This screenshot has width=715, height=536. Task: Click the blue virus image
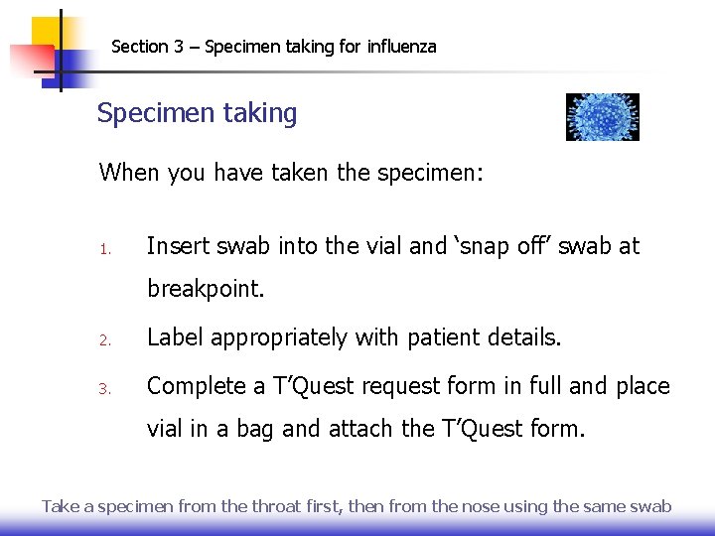602,117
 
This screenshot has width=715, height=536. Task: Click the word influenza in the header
402,47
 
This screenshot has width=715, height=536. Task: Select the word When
129,173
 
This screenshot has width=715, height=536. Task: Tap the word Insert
180,245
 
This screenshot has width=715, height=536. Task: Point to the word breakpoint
206,289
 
